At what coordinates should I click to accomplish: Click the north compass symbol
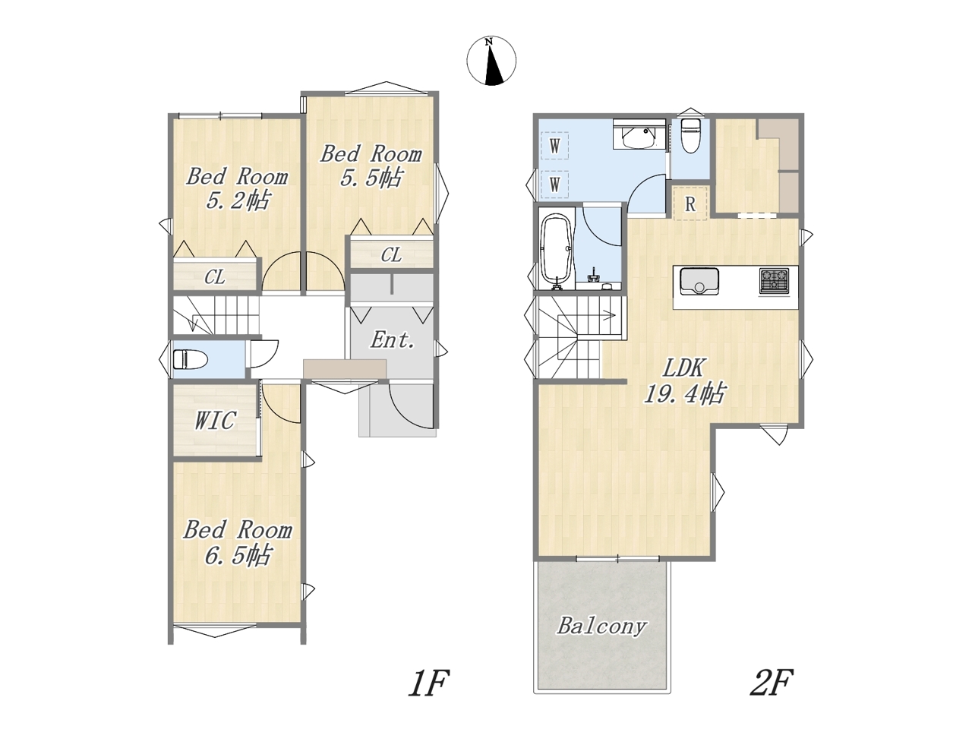491,61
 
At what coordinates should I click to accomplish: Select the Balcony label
601,626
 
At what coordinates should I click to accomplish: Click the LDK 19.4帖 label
684,380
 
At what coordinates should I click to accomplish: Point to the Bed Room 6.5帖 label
238,543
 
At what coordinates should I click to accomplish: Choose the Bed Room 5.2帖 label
238,189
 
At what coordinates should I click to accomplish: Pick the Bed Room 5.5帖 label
371,166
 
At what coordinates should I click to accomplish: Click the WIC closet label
215,421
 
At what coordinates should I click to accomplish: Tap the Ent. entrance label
393,340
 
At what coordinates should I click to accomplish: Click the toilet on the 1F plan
190,359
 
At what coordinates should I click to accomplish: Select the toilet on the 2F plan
690,135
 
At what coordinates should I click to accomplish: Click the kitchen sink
699,281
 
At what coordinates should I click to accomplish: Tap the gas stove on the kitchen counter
774,281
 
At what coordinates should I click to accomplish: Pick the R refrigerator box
690,204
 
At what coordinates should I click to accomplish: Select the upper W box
555,145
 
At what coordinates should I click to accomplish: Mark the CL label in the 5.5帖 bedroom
391,255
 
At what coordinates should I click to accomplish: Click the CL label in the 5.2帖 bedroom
215,277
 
